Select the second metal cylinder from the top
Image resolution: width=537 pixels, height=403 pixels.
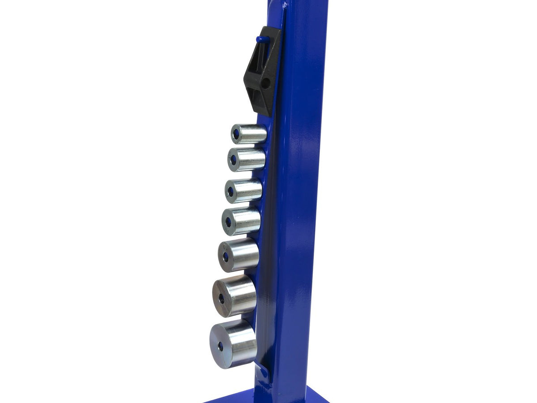pos(247,159)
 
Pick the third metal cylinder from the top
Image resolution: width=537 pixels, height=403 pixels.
pos(244,190)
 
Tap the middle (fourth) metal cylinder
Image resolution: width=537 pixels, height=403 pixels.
pos(242,221)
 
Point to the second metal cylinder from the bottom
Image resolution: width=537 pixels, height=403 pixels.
pos(235,296)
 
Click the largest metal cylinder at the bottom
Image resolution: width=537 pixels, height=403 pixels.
pos(234,343)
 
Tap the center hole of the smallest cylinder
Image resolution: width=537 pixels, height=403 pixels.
pos(236,134)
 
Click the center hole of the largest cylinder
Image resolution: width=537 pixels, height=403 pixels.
pos(220,346)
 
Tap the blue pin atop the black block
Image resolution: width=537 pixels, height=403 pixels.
pos(262,39)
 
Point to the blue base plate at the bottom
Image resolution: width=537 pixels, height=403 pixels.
pos(268,396)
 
